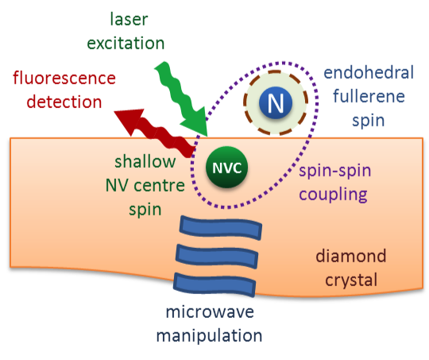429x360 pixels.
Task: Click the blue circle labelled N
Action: [276, 103]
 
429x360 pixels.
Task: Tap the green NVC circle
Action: [226, 167]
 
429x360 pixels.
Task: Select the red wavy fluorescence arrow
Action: [156, 132]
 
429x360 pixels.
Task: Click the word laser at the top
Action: [129, 19]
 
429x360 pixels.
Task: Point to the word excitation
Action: [126, 43]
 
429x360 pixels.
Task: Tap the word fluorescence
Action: [64, 78]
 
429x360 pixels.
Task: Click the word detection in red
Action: [64, 102]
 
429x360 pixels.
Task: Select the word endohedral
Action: [369, 72]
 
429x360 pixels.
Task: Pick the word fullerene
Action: [369, 96]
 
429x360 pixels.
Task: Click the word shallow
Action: [145, 161]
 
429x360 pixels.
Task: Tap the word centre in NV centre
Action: [160, 186]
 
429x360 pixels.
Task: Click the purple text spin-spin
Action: [335, 171]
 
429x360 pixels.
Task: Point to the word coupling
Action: [333, 195]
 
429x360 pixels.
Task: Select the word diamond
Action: [351, 256]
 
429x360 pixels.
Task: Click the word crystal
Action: [351, 281]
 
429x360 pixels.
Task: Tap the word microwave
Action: [210, 312]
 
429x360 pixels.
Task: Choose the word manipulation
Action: [209, 335]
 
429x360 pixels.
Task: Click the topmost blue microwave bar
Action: [221, 228]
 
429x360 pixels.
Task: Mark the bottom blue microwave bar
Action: [214, 285]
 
